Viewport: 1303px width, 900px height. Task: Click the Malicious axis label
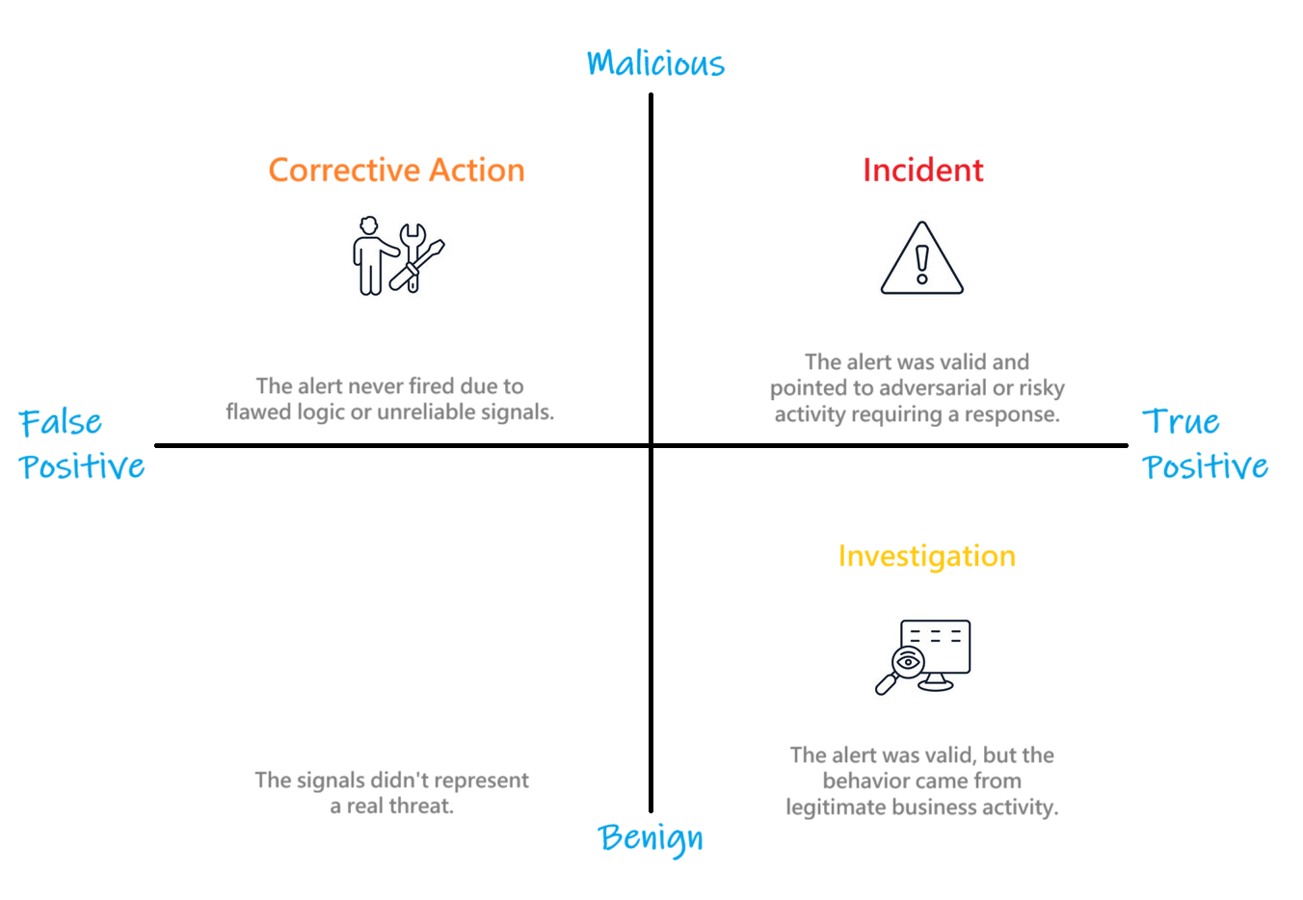click(x=655, y=63)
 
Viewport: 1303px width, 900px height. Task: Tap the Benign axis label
click(x=651, y=838)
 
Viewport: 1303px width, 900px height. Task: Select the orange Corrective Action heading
click(x=397, y=170)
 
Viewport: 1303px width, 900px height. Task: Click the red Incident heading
click(x=923, y=170)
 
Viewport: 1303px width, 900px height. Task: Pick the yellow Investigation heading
click(x=926, y=556)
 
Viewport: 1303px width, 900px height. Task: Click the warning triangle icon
click(x=922, y=257)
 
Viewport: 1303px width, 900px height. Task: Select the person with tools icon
click(x=398, y=255)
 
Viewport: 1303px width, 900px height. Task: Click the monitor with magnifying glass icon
click(x=923, y=657)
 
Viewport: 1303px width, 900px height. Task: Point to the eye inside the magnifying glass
click(x=908, y=662)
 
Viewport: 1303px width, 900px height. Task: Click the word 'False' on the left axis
click(x=61, y=422)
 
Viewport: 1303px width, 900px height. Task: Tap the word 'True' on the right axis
click(x=1181, y=421)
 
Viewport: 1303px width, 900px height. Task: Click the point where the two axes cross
click(x=651, y=445)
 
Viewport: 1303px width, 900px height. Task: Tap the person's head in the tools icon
click(x=369, y=225)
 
